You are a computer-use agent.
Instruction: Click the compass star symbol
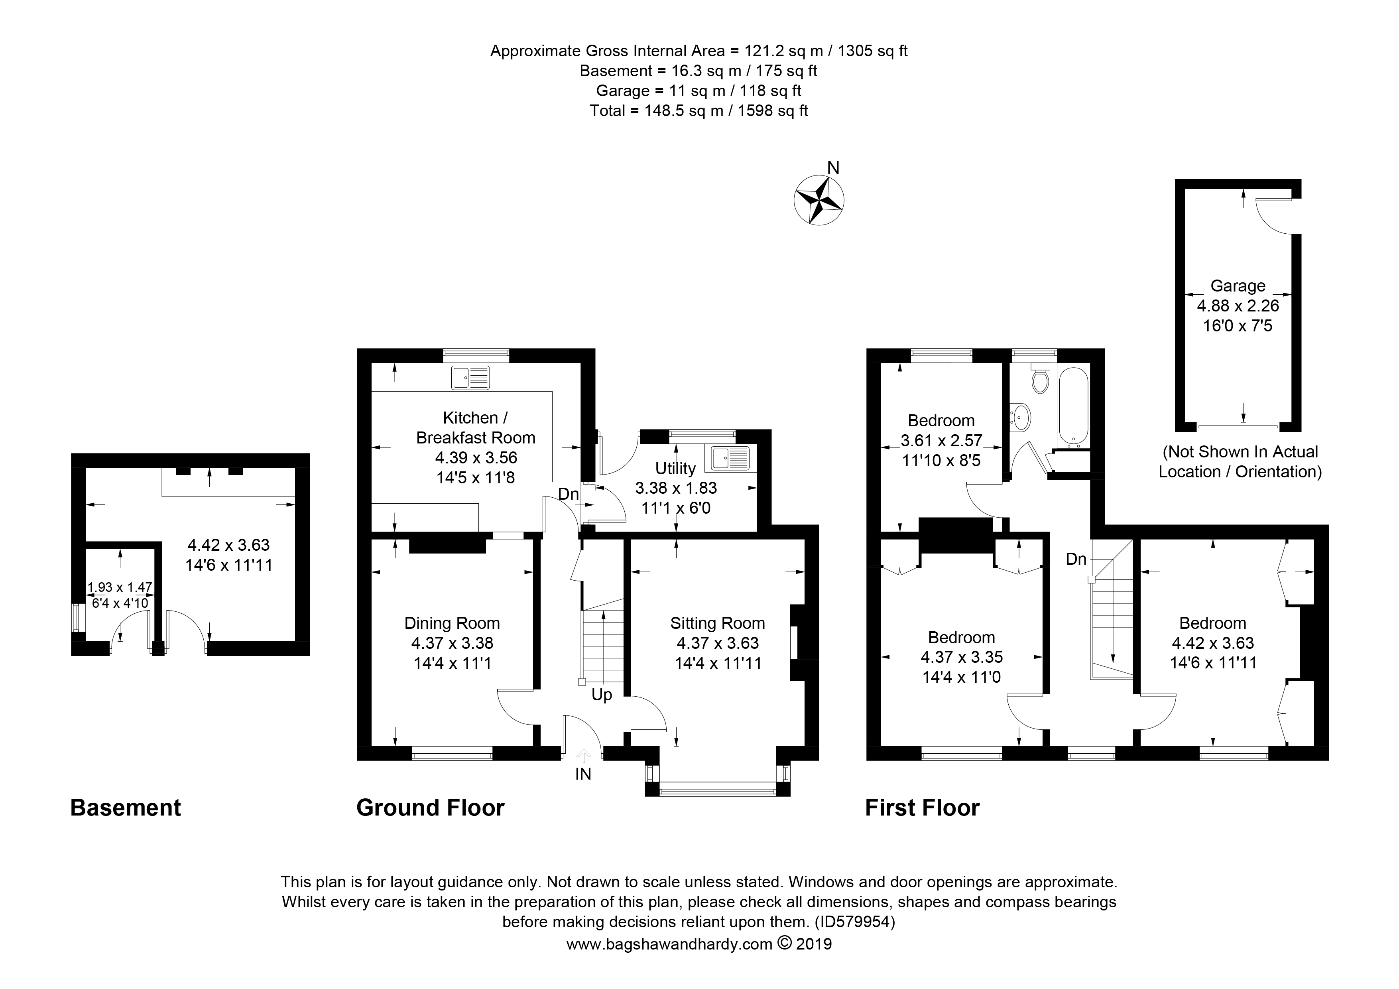[819, 200]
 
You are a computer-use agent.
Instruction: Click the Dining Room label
[452, 623]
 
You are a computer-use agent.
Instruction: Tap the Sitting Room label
[717, 623]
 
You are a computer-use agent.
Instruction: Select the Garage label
[1238, 286]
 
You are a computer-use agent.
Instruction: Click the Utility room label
[675, 468]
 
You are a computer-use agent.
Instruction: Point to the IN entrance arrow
[583, 757]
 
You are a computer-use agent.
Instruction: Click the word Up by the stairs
[601, 695]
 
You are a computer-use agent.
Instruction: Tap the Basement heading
[126, 808]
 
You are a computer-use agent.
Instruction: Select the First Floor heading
[922, 808]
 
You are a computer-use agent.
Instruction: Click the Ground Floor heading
[430, 808]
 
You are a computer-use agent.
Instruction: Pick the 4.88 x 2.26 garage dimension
[1238, 305]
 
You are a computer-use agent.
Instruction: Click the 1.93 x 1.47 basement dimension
[120, 587]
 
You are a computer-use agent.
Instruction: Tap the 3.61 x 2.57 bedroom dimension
[941, 440]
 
